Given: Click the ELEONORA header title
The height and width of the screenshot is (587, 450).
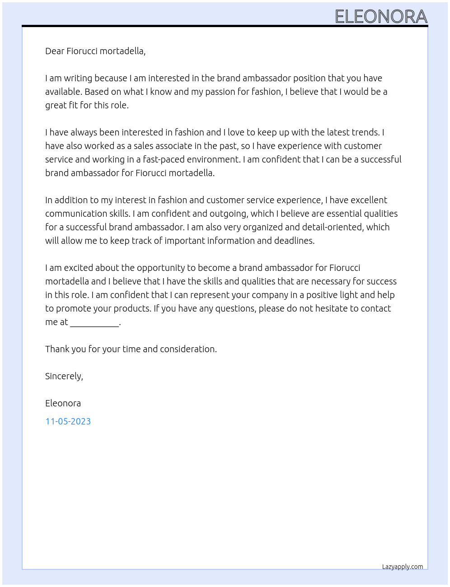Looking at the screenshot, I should tap(381, 17).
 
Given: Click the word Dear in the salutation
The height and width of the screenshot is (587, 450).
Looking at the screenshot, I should tap(55, 51).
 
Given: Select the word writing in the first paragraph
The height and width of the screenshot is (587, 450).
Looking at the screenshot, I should tap(78, 78).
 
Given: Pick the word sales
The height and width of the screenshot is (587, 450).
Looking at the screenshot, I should tap(144, 146).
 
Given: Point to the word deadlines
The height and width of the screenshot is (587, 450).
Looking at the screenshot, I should tap(292, 241).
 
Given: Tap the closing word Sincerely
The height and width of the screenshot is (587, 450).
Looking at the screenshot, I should tap(64, 376).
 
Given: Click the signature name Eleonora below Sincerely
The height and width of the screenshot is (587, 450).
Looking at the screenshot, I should tap(63, 403).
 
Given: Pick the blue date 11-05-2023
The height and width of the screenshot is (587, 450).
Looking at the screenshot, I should tap(68, 421).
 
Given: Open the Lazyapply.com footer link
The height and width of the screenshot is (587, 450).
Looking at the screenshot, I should tap(403, 567).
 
